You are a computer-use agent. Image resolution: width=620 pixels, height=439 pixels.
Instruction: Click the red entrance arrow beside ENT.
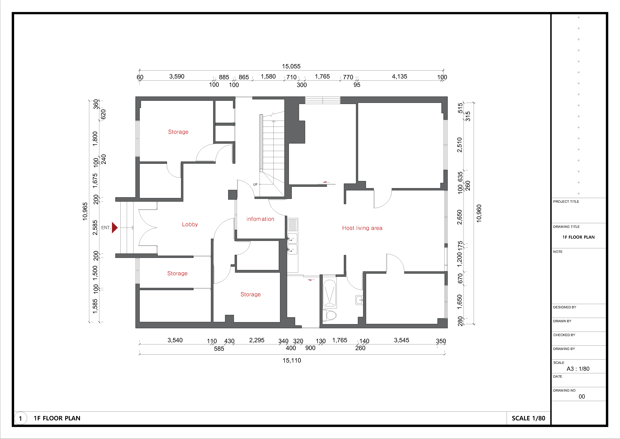pos(115,228)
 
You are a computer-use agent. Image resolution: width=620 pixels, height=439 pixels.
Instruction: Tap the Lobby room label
pos(190,224)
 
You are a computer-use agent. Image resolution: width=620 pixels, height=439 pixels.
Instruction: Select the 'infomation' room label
pos(260,219)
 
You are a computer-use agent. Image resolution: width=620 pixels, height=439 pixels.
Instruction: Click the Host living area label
pos(362,228)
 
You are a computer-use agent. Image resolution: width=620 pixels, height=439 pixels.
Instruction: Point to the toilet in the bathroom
pos(329,315)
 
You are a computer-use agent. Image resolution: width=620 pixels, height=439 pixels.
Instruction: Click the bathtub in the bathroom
pos(330,294)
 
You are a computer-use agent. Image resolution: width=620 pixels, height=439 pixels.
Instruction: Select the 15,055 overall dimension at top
pos(291,66)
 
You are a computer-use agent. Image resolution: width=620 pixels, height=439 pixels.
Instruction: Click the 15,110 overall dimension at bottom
pos(292,360)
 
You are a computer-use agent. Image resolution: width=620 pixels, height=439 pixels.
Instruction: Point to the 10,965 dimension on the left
pos(85,211)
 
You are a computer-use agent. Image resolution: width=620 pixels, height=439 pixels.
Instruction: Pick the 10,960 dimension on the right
pos(479,213)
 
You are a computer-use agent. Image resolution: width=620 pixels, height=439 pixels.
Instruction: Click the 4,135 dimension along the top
pos(400,76)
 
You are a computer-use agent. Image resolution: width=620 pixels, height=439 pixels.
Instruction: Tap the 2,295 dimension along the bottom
pos(257,340)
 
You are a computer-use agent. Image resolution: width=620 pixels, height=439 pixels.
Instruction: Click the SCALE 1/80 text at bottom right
pos(528,418)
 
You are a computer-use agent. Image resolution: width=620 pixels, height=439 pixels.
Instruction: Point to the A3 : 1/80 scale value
pos(578,369)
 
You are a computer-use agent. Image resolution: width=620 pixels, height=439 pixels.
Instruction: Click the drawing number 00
pos(582,396)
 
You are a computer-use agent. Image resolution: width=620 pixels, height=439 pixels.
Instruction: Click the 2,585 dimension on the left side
pos(95,228)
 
